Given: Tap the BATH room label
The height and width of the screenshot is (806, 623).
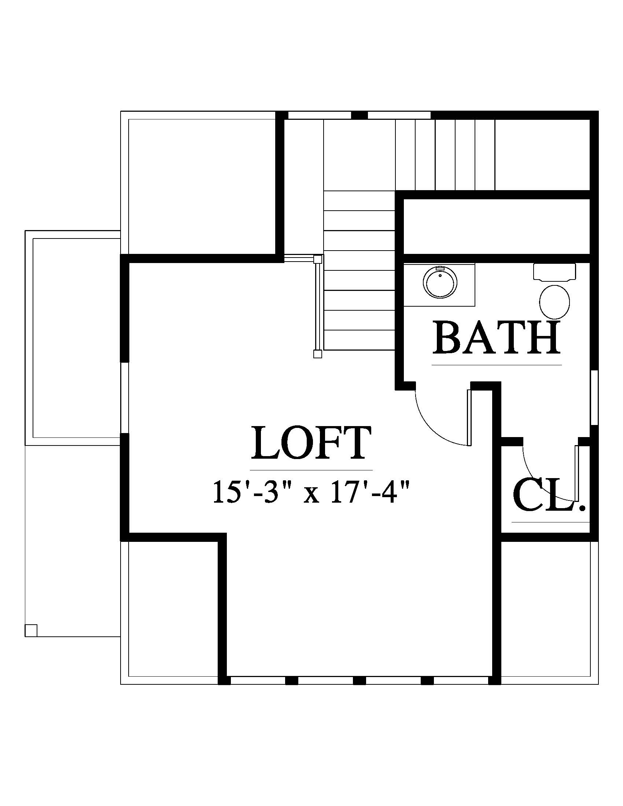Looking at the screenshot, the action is (497, 338).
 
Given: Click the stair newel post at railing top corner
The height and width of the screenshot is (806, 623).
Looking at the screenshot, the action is (318, 259).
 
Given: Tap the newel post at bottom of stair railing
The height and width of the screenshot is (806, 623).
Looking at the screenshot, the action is (317, 354).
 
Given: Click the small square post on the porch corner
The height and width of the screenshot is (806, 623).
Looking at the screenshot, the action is (31, 631).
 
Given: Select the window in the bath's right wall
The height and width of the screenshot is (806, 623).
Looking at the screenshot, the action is (594, 398).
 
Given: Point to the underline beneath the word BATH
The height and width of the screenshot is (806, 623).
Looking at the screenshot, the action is (497, 365).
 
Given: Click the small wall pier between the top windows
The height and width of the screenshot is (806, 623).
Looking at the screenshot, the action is (359, 115).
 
